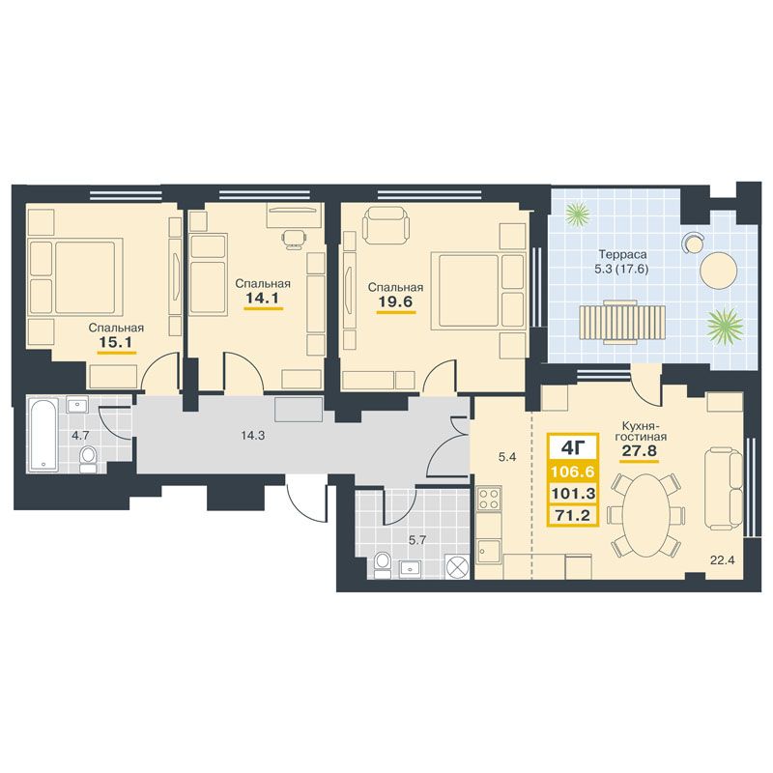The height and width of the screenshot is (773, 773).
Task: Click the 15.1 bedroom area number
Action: (x=116, y=342)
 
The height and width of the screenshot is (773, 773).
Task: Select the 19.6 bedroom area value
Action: (x=395, y=301)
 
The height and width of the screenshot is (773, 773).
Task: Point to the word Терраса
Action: (x=622, y=255)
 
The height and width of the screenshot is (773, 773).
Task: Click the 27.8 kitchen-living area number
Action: (x=640, y=451)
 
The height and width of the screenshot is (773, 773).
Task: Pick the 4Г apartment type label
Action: (x=573, y=448)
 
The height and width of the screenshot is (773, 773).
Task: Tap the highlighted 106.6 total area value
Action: (x=573, y=472)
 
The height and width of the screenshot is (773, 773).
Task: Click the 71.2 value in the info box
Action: (x=573, y=516)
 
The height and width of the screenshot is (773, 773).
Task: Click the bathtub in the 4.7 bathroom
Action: (x=43, y=435)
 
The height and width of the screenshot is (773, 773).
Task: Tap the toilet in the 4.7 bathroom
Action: (x=89, y=460)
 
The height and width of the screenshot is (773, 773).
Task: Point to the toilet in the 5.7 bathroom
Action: (x=382, y=565)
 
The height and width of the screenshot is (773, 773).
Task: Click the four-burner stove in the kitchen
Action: (x=489, y=498)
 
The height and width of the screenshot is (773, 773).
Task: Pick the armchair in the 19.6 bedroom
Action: (x=386, y=224)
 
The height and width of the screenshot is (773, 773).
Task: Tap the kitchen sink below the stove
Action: (x=489, y=551)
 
